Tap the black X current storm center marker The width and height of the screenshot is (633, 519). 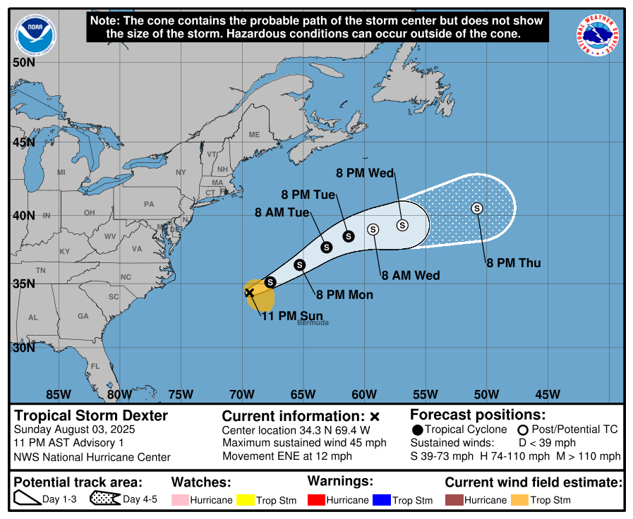(x=249, y=292)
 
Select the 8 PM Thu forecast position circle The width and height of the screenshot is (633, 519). (x=477, y=208)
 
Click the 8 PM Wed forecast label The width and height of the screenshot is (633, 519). (x=364, y=173)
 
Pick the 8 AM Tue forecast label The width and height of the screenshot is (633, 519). (x=282, y=212)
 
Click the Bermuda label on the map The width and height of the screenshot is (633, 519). (x=313, y=322)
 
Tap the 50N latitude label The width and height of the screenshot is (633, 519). (x=24, y=62)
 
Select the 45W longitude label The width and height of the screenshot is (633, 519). (x=548, y=394)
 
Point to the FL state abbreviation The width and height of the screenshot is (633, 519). (x=95, y=366)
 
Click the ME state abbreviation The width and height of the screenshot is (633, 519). (x=254, y=135)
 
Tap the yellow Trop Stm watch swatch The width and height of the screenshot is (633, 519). (x=246, y=500)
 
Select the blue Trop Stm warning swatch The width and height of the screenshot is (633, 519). (x=382, y=500)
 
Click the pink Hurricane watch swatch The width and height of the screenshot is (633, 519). (x=180, y=500)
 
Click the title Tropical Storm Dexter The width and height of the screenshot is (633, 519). (x=92, y=415)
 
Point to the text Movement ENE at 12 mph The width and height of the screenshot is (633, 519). (x=287, y=456)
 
